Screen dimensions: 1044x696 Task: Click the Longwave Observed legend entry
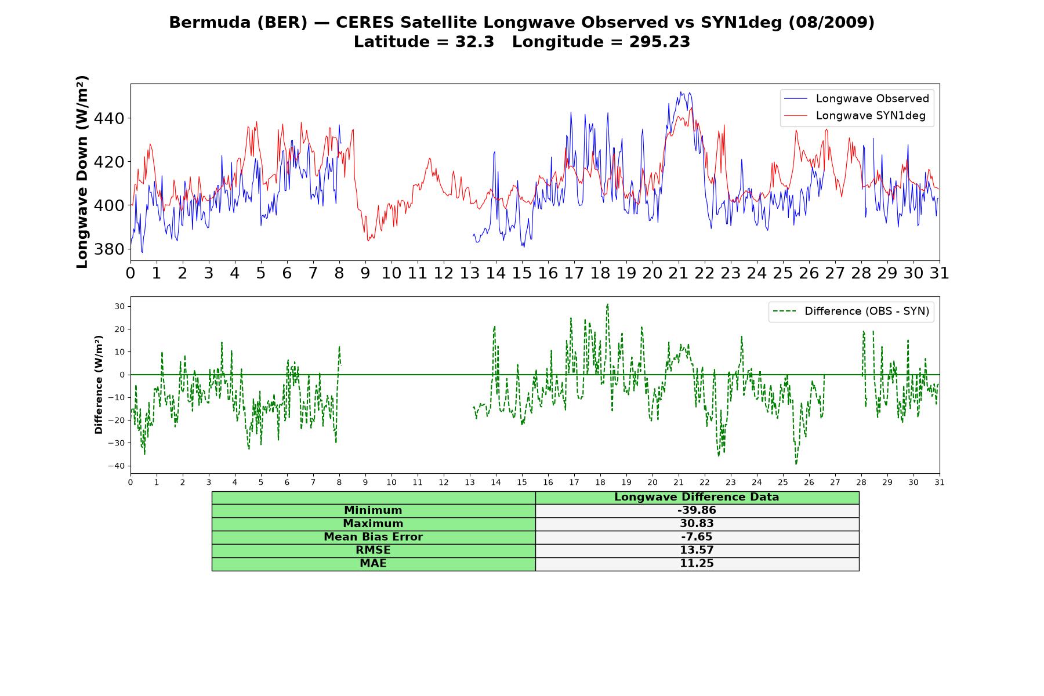click(857, 99)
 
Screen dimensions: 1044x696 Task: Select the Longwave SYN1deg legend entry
click(855, 115)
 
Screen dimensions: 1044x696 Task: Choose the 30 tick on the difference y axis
click(119, 306)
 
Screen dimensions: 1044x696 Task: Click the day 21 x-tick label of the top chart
click(678, 273)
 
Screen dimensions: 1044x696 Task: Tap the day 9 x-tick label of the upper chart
click(365, 273)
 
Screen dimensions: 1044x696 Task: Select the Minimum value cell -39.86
click(697, 510)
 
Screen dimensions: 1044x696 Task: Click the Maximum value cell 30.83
click(697, 524)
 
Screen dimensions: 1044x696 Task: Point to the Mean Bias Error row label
click(373, 537)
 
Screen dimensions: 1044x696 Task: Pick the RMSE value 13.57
click(697, 550)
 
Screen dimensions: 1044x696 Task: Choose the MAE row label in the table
click(373, 564)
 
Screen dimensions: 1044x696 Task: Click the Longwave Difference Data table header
click(697, 497)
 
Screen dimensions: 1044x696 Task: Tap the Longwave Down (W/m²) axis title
click(82, 172)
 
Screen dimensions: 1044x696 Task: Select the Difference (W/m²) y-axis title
click(99, 385)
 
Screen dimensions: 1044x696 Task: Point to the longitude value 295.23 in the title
click(659, 42)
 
